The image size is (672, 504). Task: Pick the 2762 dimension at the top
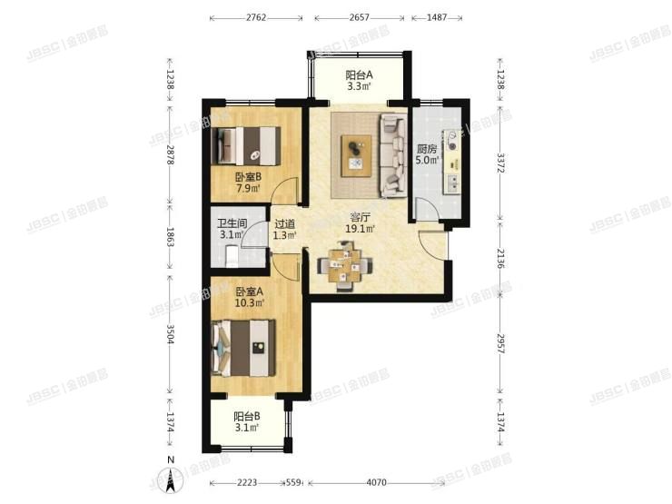click(x=256, y=17)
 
